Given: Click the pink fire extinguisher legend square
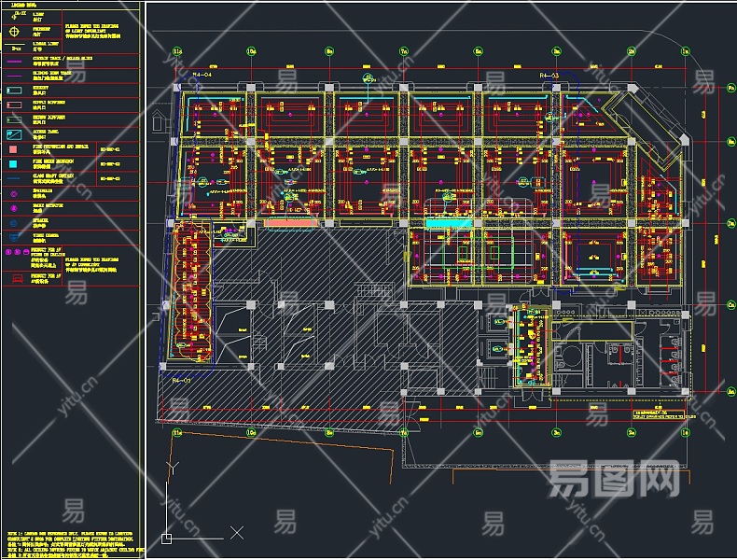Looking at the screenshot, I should (x=16, y=148).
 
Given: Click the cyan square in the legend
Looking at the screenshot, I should (x=16, y=163).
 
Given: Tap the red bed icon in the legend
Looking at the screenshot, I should (x=16, y=278).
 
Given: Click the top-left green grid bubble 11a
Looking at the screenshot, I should (x=176, y=50).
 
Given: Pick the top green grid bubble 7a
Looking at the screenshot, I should (x=404, y=50).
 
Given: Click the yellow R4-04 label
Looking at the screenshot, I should (x=202, y=73).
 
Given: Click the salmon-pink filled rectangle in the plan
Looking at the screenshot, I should (x=289, y=224).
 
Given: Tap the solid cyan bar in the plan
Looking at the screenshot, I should (x=449, y=224).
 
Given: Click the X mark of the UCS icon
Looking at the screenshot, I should (x=236, y=533).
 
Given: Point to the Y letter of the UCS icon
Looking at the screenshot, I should (x=169, y=465).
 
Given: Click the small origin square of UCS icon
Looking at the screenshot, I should (x=167, y=538).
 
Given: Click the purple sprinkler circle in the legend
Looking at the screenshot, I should (x=16, y=193).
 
